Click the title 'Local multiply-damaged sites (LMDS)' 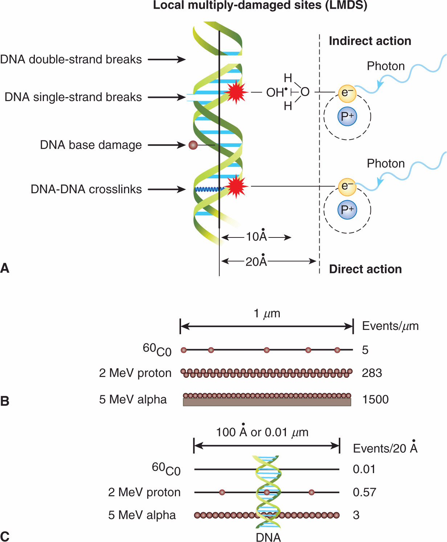tap(260, 5)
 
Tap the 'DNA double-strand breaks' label tap(71, 59)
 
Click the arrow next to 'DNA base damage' tap(167, 145)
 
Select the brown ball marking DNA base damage tap(193, 145)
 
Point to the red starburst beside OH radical tap(236, 92)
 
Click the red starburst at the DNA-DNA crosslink tap(236, 186)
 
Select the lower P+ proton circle tap(347, 210)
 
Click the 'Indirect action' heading tap(370, 41)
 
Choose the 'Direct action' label tap(365, 269)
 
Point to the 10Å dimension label tap(257, 237)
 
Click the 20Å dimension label tap(256, 261)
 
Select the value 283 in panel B tap(372, 373)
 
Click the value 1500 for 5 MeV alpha tap(375, 400)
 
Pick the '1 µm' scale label tap(267, 314)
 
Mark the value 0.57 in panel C tap(364, 492)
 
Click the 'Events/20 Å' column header tap(385, 448)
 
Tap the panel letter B tap(5, 401)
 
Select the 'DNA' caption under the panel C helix tap(268, 537)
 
